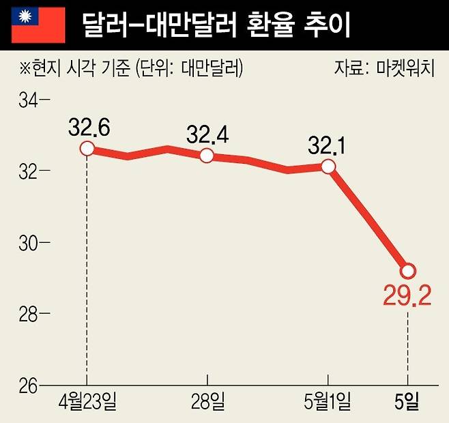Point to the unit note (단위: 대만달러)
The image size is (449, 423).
189,68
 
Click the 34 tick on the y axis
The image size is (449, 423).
31,101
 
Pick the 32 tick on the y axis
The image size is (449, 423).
31,172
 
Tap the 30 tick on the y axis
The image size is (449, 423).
31,243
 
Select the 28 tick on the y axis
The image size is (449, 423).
31,315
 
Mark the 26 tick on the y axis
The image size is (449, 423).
31,385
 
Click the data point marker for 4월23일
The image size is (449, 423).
87,148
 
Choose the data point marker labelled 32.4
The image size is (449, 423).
207,156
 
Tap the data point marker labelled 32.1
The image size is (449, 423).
328,166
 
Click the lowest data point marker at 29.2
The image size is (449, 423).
407,271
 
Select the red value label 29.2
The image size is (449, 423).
407,298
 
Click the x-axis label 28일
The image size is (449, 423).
207,403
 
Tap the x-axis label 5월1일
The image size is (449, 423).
328,403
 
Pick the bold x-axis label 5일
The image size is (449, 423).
407,403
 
